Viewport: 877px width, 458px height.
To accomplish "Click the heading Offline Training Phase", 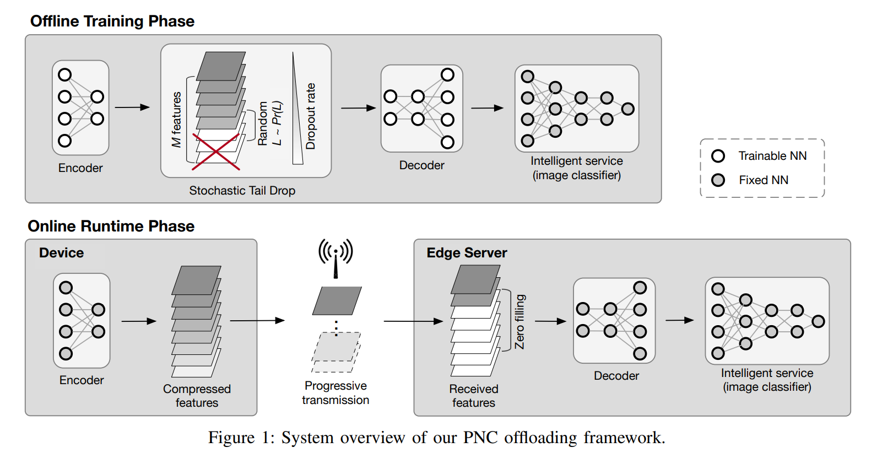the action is pos(112,21).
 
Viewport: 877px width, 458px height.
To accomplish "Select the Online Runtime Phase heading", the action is pos(111,226).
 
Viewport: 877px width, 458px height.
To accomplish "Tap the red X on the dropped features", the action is pos(216,152).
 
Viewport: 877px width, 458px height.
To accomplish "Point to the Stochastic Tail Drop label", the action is pos(242,190).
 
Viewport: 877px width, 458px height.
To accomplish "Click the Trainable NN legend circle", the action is pos(718,156).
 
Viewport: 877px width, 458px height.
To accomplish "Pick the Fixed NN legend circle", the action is pos(718,180).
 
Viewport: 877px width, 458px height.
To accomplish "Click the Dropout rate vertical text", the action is pos(311,116).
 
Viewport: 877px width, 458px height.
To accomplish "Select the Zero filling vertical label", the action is pos(519,322).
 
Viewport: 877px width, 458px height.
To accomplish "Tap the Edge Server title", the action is pos(467,253).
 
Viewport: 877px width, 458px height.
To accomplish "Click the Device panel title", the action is pos(62,253).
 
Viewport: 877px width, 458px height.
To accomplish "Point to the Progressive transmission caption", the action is pos(335,392).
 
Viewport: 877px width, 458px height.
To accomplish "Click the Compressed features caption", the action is pos(197,396).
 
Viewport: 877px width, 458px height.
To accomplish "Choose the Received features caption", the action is pos(474,396).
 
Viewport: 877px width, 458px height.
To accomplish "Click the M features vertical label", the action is pos(177,120).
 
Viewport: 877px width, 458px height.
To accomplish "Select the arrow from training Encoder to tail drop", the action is pos(132,107).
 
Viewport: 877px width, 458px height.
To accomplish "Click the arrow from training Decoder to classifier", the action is pos(487,107).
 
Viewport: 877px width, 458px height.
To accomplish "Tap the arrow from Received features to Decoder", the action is pos(550,321).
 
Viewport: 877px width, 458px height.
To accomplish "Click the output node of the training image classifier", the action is pos(627,109).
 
